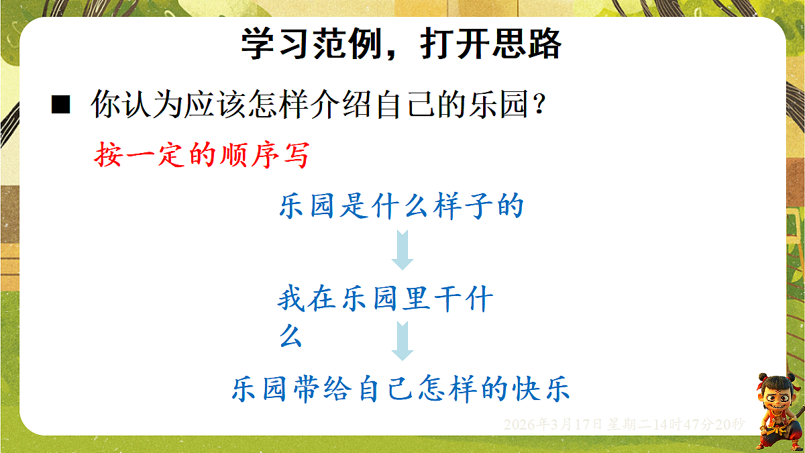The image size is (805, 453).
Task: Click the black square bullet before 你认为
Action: pyautogui.click(x=60, y=105)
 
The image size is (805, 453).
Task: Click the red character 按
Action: pyautogui.click(x=107, y=155)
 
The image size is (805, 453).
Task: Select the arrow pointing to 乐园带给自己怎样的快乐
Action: pyautogui.click(x=402, y=340)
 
